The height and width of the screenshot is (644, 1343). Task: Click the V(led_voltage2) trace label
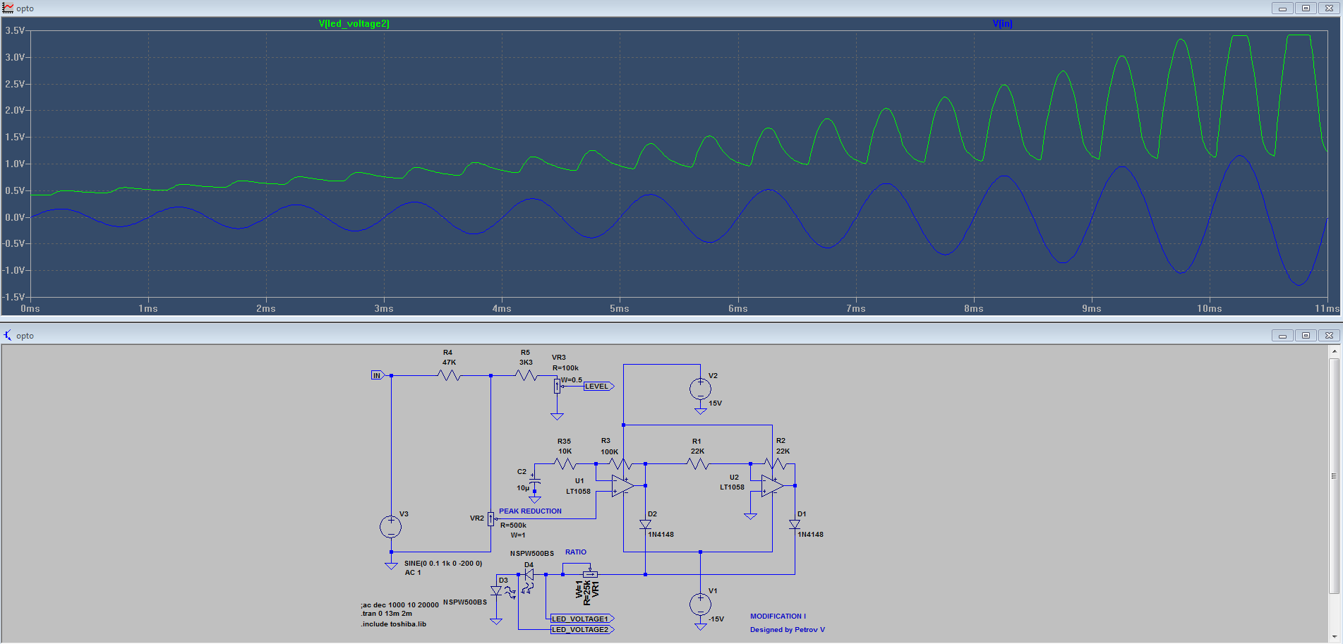tap(354, 23)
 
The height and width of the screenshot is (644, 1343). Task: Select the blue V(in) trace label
tap(1002, 23)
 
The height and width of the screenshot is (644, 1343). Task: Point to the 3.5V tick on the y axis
tap(15, 31)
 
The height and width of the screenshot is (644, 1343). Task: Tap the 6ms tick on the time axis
tap(737, 308)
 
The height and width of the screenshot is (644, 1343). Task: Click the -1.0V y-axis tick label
tap(14, 270)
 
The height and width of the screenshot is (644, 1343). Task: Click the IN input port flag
tap(377, 375)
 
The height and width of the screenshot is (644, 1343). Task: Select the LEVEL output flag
tap(598, 387)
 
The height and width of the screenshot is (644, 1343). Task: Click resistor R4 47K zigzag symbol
tap(449, 376)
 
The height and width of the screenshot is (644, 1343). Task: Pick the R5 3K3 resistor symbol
tap(526, 376)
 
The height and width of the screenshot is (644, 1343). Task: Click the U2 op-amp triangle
tap(772, 486)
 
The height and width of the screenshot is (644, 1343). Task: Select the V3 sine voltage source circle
tap(391, 527)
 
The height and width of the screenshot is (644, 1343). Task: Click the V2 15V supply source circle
tap(700, 388)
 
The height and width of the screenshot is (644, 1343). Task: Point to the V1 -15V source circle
tap(700, 604)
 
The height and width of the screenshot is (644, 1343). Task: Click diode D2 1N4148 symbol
tap(645, 524)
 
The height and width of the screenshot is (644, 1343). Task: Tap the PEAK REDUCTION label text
tap(530, 511)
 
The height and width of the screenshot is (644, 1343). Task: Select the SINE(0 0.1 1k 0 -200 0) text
tap(443, 564)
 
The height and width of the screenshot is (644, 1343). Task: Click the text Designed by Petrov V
tap(787, 630)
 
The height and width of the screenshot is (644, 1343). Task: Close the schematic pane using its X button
tap(1329, 336)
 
